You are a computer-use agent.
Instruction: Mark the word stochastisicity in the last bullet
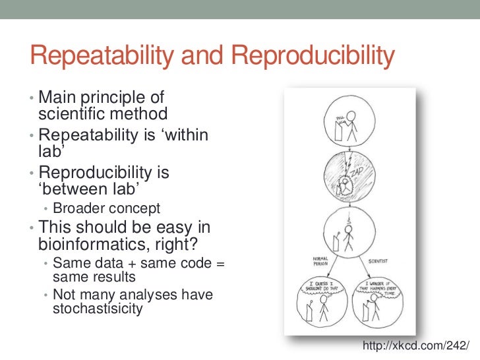click(x=97, y=308)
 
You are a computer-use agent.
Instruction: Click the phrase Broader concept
click(x=106, y=208)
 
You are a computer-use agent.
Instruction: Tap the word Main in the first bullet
click(x=56, y=97)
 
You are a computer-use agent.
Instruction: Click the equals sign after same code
click(x=221, y=264)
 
